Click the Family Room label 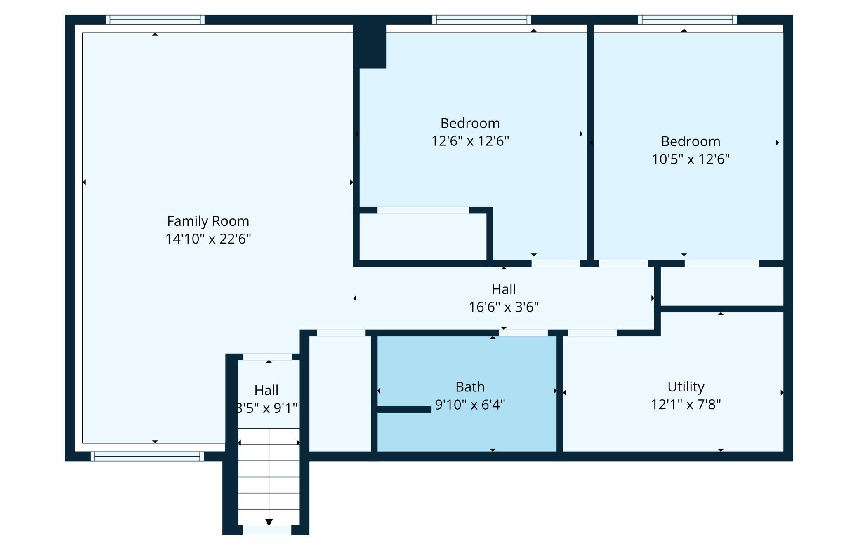click(208, 221)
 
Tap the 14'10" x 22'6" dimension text click(208, 239)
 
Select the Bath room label click(470, 387)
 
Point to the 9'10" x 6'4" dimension click(470, 405)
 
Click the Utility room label click(686, 387)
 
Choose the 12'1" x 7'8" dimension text click(686, 405)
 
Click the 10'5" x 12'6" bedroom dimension click(691, 159)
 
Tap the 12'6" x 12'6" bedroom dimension click(470, 141)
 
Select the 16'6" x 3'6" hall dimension click(504, 307)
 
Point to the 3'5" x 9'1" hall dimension click(266, 408)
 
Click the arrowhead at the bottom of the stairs click(269, 522)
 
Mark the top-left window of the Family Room click(155, 20)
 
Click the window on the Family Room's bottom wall click(147, 456)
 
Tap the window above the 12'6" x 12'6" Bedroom click(482, 20)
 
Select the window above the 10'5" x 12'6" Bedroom click(687, 20)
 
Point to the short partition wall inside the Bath click(404, 410)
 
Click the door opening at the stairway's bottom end click(267, 530)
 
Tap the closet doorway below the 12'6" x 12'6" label click(423, 211)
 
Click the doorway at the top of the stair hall click(268, 357)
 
